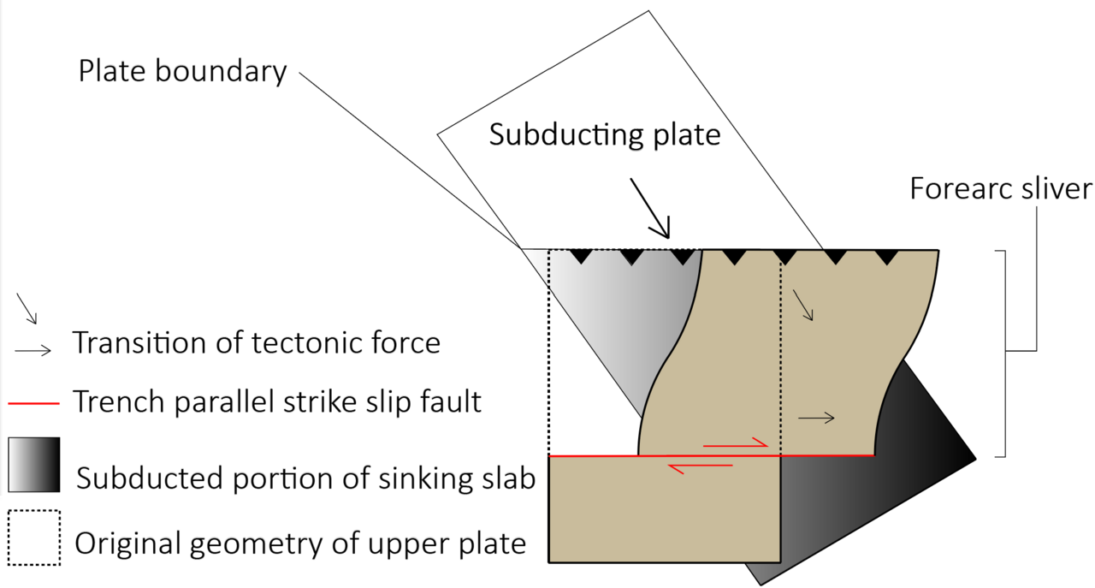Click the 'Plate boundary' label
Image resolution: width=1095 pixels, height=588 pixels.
click(182, 71)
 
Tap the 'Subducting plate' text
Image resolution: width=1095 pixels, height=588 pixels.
click(605, 134)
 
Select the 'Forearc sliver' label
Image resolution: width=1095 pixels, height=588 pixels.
click(1001, 189)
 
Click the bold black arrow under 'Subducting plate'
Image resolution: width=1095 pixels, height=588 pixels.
click(649, 208)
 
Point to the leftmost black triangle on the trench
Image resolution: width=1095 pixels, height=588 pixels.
click(581, 257)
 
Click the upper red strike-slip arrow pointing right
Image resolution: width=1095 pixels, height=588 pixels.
click(736, 442)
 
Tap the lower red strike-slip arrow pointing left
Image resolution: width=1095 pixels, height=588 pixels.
click(700, 468)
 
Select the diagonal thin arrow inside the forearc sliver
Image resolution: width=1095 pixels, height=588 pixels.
click(802, 306)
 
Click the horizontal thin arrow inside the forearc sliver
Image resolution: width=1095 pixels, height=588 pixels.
click(816, 418)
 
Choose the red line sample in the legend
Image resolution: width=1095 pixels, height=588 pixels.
click(33, 404)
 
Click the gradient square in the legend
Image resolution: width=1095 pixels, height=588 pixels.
click(34, 465)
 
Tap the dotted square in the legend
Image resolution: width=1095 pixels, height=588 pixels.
click(34, 538)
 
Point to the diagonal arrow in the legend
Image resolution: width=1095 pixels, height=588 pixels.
click(27, 309)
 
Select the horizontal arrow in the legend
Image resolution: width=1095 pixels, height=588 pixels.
click(33, 351)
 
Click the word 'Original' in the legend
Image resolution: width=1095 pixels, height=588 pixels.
click(128, 544)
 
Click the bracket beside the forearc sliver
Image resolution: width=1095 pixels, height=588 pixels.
click(1005, 353)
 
